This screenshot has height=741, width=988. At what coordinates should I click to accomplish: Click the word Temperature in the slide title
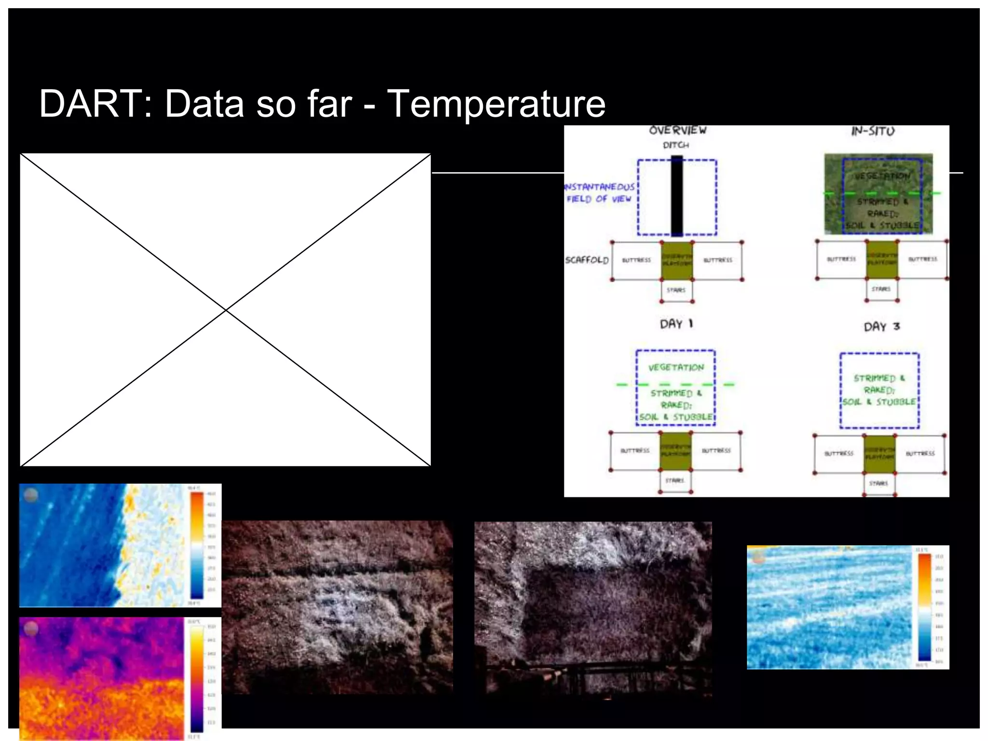(x=496, y=104)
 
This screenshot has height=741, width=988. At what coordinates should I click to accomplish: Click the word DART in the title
(x=92, y=104)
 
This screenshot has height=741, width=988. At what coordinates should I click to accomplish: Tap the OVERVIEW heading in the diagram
(x=677, y=131)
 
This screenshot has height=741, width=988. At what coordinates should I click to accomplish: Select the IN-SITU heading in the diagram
(x=873, y=131)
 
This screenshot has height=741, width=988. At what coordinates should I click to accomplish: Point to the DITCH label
(x=675, y=145)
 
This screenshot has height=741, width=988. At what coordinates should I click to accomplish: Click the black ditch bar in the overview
(x=677, y=195)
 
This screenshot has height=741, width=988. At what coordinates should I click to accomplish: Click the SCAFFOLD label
(x=587, y=260)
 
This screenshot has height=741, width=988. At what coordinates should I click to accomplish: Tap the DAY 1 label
(x=676, y=324)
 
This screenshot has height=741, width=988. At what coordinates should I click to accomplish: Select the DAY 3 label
(x=882, y=327)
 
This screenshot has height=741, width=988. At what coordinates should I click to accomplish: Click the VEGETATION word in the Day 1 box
(x=676, y=368)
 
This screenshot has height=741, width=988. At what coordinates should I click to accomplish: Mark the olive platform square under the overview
(x=676, y=261)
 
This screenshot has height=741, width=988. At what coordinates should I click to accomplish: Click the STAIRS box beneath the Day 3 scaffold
(x=878, y=483)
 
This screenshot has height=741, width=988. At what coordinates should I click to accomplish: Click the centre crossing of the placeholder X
(x=226, y=310)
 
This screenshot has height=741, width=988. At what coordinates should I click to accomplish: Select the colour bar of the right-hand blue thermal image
(x=924, y=607)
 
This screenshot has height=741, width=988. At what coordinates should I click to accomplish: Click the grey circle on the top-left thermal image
(x=31, y=495)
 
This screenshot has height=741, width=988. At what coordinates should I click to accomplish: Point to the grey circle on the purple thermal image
(x=31, y=628)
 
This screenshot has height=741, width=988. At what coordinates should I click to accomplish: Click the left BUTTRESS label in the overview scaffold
(x=636, y=261)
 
